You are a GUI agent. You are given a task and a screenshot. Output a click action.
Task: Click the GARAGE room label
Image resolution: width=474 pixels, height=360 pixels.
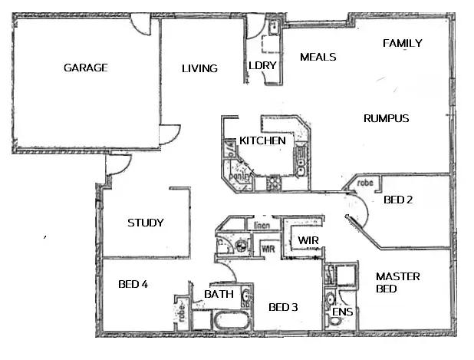(x=85, y=68)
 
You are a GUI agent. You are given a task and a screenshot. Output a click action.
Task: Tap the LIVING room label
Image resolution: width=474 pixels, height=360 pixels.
(x=199, y=68)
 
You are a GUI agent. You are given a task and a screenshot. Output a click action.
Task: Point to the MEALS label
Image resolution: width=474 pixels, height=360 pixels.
(x=318, y=57)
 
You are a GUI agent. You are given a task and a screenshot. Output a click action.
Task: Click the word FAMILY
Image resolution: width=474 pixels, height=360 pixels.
(x=402, y=44)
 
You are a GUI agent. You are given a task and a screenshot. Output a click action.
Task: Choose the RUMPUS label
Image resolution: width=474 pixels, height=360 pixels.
(x=386, y=119)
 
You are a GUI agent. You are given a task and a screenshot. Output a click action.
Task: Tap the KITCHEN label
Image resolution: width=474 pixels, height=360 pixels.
(x=262, y=140)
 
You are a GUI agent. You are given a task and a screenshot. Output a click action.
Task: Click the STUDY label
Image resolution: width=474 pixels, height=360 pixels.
(x=146, y=223)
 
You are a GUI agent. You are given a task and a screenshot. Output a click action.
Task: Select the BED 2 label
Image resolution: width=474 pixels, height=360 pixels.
(x=398, y=200)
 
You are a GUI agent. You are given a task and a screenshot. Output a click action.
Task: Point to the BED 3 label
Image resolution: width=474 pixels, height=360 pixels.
(x=283, y=308)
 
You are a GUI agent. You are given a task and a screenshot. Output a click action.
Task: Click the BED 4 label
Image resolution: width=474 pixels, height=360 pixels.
(x=133, y=284)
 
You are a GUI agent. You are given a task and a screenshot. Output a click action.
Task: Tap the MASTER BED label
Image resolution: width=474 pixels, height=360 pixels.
(x=397, y=282)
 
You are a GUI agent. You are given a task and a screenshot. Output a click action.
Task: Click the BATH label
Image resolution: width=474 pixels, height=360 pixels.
(x=219, y=294)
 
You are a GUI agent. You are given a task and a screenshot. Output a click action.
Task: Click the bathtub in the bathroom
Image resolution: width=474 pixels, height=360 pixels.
(x=229, y=320)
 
